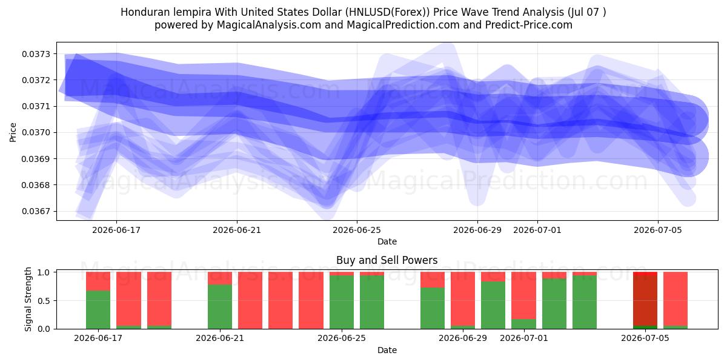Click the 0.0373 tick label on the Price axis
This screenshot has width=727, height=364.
point(36,54)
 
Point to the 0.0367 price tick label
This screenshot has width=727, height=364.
point(36,211)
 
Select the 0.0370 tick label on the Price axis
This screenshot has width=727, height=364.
point(36,133)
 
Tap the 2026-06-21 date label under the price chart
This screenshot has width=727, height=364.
point(237,230)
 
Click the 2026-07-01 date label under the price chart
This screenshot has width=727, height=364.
point(537,230)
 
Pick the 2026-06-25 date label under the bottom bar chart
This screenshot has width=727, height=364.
point(342,338)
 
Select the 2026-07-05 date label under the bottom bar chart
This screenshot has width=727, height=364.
point(645,338)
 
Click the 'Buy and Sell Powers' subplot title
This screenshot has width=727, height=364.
point(387,260)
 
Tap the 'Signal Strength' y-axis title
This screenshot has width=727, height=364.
point(28,299)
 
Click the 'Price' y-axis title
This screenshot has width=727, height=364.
point(13,132)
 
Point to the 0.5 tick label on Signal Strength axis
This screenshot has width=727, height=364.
point(44,301)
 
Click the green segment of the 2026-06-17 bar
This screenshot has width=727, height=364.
point(98,310)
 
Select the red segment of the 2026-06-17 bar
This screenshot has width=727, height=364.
point(98,281)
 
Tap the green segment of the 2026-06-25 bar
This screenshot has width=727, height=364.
point(342,302)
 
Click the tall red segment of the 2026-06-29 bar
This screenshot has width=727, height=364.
point(463,298)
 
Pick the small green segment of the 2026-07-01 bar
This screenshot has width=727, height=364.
point(524,324)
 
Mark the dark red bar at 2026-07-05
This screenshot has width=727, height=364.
point(645,300)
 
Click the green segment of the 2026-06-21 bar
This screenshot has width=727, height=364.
point(220,307)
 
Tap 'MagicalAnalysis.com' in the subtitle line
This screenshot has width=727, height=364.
point(269,25)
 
